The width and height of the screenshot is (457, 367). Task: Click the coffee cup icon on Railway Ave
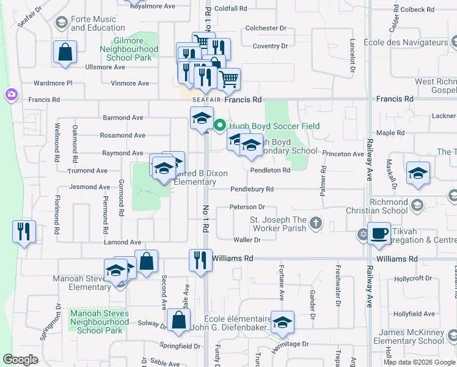pyautogui.click(x=379, y=233)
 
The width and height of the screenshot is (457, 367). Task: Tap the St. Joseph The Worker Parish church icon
pyautogui.click(x=315, y=223)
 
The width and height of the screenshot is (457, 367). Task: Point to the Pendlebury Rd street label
pyautogui.click(x=252, y=190)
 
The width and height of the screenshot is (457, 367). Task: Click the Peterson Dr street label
pyautogui.click(x=247, y=207)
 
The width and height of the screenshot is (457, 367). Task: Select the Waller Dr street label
pyautogui.click(x=247, y=240)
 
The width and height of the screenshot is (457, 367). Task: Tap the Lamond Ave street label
pyautogui.click(x=122, y=243)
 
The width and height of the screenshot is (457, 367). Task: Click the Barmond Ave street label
pyautogui.click(x=123, y=117)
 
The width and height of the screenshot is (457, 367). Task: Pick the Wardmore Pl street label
pyautogui.click(x=53, y=83)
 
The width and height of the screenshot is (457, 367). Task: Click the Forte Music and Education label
pyautogui.click(x=98, y=24)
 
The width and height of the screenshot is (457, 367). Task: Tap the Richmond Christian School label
pyautogui.click(x=388, y=206)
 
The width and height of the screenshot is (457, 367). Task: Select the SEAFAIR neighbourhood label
pyautogui.click(x=207, y=99)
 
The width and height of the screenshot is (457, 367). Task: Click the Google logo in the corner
pyautogui.click(x=20, y=360)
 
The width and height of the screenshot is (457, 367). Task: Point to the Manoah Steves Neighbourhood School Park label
pyautogui.click(x=100, y=322)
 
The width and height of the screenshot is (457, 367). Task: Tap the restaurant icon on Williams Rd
pyautogui.click(x=200, y=259)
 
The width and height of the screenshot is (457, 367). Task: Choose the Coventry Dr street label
pyautogui.click(x=270, y=46)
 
